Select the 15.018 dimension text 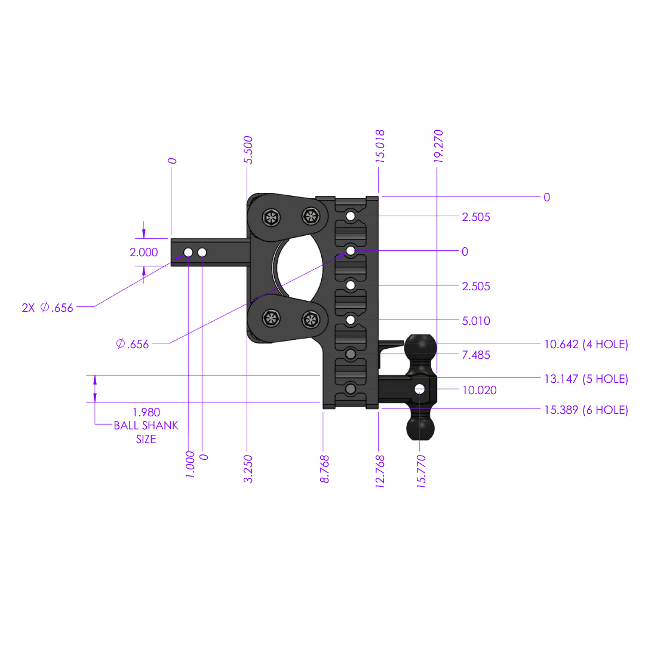pos(380,146)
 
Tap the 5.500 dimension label pos(248,150)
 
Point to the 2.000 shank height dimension pos(144,253)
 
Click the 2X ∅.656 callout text pos(47,308)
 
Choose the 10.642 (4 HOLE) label pos(586,344)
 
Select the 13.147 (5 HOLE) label pos(586,379)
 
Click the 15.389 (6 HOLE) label pos(586,410)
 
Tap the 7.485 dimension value pos(476,355)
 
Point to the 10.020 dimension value pos(479,390)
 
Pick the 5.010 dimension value pos(476,321)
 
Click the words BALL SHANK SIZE pos(146,432)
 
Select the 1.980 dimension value pos(146,412)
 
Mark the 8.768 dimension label pos(325,471)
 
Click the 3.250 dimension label pos(248,469)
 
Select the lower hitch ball pos(420,428)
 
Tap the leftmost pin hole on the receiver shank pos(188,253)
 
